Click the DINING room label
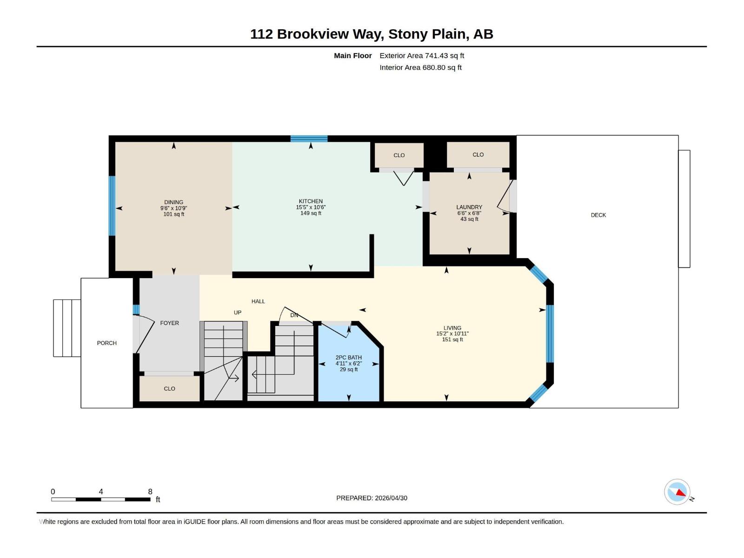click(x=173, y=202)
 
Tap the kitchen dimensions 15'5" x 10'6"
click(x=311, y=207)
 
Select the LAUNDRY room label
click(x=469, y=207)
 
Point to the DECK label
click(x=598, y=215)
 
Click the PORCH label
click(x=106, y=343)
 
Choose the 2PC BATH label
click(x=348, y=358)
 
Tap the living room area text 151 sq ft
click(x=452, y=339)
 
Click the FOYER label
click(x=169, y=323)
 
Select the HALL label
click(x=258, y=301)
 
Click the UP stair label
click(x=238, y=312)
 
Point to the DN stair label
click(x=294, y=315)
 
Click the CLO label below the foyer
click(x=169, y=388)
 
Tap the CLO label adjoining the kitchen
click(x=399, y=155)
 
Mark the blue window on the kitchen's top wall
click(x=309, y=139)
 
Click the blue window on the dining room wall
click(x=112, y=206)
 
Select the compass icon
click(x=677, y=492)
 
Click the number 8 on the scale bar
click(x=150, y=492)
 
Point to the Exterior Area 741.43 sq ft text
click(x=421, y=55)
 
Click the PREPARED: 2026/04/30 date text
click(x=372, y=498)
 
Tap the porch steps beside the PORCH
click(x=67, y=328)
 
